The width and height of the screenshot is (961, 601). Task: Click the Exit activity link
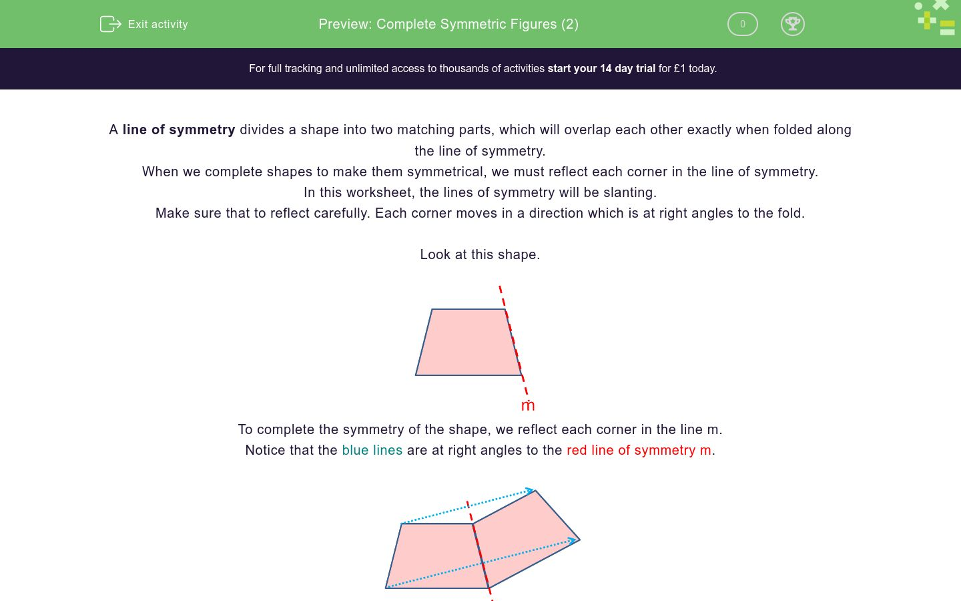tap(157, 24)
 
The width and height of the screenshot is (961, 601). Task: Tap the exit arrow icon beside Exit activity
tap(110, 24)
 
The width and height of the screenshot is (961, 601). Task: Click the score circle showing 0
tap(742, 24)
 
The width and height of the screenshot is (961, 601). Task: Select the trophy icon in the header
tap(792, 24)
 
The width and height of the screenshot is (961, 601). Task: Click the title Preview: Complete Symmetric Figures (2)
tap(448, 24)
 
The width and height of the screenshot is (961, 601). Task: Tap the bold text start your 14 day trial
tap(601, 68)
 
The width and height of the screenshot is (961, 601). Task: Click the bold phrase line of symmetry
tap(178, 130)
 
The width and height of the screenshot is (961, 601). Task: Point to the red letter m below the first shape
tap(528, 406)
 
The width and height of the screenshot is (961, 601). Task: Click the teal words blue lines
tap(372, 450)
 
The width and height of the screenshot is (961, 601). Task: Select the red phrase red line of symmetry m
tap(639, 450)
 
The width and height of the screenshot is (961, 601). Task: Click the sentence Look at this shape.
tap(480, 254)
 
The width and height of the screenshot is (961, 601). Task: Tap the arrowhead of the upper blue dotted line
tap(531, 491)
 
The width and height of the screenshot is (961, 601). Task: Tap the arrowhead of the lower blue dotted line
tap(573, 540)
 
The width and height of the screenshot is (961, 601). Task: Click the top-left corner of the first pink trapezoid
tap(432, 309)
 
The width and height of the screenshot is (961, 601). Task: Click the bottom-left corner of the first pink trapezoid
tap(416, 375)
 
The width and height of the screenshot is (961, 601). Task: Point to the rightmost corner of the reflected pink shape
tap(579, 540)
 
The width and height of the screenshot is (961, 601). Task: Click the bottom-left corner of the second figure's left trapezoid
tap(386, 588)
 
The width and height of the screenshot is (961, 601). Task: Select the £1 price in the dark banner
tap(680, 68)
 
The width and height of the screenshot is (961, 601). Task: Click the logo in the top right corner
tap(936, 19)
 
